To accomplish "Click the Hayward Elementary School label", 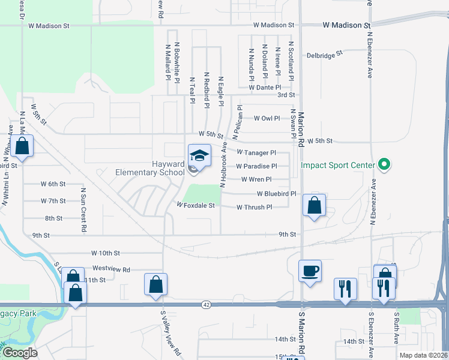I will coord(150,167).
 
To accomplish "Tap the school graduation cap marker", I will coord(199,156).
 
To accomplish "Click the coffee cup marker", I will coord(310,271).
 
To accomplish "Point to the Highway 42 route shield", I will coord(206,305).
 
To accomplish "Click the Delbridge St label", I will coord(324,54).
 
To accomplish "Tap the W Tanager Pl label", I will coord(256,153).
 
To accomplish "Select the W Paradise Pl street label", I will coord(256,166).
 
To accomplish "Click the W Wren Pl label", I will coord(256,179).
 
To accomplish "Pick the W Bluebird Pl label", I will coord(277,194).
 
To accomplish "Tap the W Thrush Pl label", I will coord(255,207).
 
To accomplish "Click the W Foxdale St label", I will coord(195,205).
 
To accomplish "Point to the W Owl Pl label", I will coord(267,118).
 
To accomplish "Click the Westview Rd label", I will coord(111,269).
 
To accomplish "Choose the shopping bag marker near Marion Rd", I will coord(314,205).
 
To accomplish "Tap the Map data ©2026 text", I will coord(423,355).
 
